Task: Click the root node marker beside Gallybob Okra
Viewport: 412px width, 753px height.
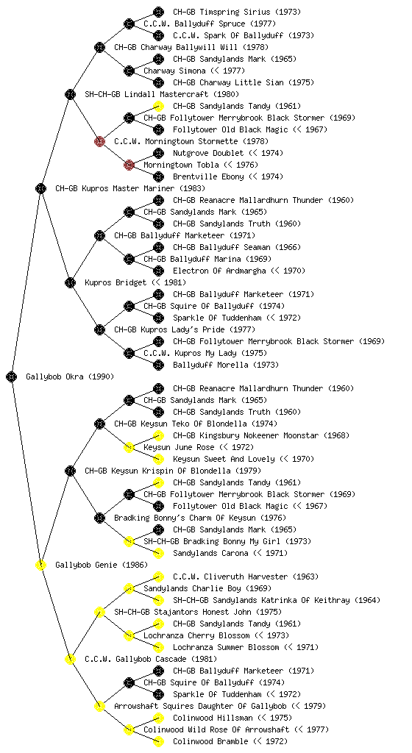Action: coord(12,376)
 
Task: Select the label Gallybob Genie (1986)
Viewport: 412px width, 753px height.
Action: coord(102,565)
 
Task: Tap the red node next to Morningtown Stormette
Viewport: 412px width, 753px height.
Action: coord(99,141)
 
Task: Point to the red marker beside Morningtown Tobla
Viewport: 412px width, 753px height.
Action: coord(129,165)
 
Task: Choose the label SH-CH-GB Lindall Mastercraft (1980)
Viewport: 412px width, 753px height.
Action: coord(162,94)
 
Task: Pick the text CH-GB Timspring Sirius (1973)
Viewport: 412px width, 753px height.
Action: coord(237,12)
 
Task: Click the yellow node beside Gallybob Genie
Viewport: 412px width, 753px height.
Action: coord(40,565)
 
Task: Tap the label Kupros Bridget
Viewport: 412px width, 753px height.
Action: coord(116,282)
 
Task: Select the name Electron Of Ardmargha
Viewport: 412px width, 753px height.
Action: coord(219,271)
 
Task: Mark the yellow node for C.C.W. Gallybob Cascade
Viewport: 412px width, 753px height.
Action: coord(70,659)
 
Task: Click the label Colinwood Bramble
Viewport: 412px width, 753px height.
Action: coord(211,741)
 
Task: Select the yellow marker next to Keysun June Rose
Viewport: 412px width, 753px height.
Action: coord(129,447)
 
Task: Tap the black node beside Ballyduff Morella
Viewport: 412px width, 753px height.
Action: coord(158,365)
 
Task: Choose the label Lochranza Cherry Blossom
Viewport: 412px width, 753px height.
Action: coord(197,635)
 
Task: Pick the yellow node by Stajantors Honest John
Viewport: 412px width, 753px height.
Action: coord(99,612)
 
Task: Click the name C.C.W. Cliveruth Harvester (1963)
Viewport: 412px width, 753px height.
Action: coord(246,577)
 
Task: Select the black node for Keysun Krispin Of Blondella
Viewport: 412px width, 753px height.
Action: coord(70,471)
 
